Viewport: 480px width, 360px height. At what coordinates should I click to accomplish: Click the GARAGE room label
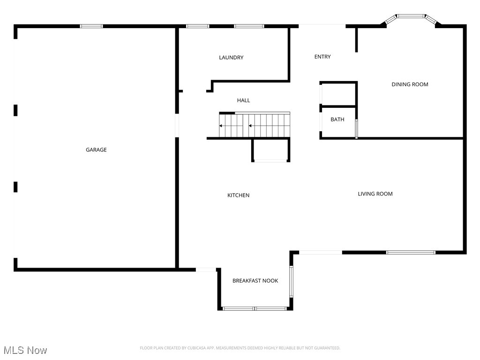click(96, 150)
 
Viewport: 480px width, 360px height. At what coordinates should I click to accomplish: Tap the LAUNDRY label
click(231, 58)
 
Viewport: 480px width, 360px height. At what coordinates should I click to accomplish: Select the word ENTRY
click(322, 57)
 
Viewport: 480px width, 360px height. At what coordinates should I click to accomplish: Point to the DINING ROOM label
click(410, 84)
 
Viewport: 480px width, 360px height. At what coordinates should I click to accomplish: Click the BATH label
click(337, 120)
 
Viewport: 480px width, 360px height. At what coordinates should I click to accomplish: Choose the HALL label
click(243, 100)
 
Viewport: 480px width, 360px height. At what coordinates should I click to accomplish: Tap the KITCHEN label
click(238, 195)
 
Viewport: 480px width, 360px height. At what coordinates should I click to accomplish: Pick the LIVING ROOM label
click(375, 194)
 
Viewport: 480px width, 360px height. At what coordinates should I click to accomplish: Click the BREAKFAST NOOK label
click(255, 281)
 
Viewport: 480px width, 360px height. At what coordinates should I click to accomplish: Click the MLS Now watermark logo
click(25, 350)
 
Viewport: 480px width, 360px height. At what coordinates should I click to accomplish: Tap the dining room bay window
click(411, 17)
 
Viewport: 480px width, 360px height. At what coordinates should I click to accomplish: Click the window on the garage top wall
click(91, 26)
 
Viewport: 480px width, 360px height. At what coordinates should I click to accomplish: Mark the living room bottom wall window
click(411, 253)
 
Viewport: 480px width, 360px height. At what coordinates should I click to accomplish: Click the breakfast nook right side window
click(291, 281)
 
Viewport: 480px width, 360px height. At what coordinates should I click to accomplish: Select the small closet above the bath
click(338, 94)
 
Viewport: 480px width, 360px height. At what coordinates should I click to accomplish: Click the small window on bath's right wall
click(356, 129)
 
